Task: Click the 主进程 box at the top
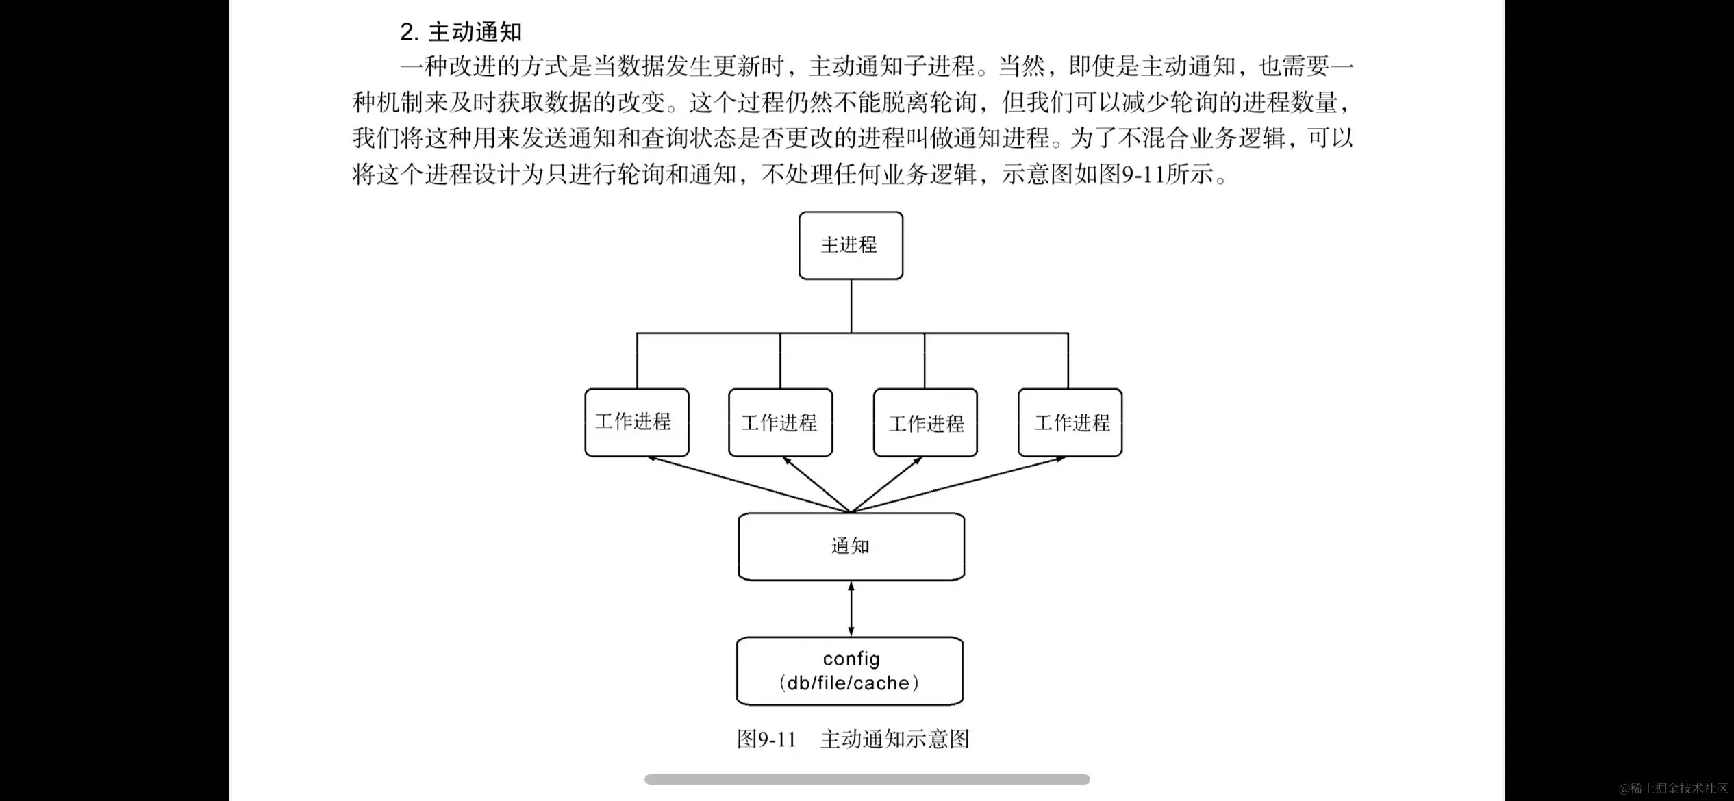[851, 245]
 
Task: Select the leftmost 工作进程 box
[636, 422]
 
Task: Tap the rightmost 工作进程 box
[1070, 422]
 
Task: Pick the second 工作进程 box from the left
[780, 422]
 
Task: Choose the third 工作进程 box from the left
[925, 422]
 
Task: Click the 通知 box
[851, 546]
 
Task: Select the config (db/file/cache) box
[849, 671]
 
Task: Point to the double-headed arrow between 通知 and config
[851, 609]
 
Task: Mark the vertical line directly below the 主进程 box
[851, 306]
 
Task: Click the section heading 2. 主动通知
[461, 32]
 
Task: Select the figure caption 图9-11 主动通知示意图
[853, 739]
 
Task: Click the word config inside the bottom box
[851, 659]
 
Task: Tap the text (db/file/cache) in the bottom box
[849, 683]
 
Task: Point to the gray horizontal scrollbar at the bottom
[867, 779]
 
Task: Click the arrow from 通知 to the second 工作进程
[816, 484]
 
